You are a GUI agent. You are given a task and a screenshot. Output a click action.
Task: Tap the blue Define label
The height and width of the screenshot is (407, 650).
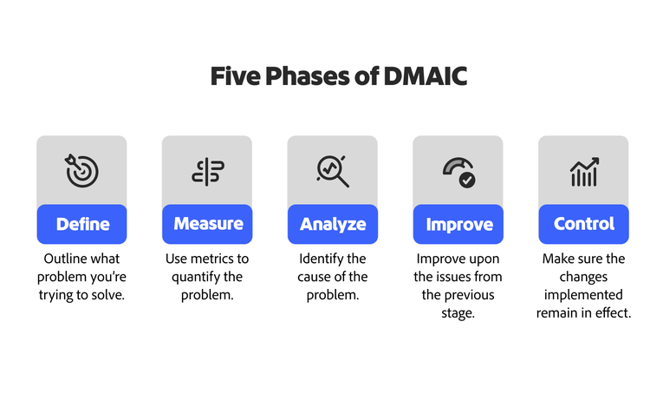coord(82,224)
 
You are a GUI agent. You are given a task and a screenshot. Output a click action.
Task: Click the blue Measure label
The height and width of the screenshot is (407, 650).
coord(208,224)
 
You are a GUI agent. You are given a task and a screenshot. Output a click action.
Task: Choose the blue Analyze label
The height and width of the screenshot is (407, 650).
coord(333,224)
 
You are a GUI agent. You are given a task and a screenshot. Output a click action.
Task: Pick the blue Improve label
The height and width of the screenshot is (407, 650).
coord(458,224)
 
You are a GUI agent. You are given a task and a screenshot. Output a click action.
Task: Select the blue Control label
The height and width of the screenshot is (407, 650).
coord(583,224)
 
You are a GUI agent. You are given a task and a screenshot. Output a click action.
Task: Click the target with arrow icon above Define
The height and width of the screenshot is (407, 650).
coord(82,171)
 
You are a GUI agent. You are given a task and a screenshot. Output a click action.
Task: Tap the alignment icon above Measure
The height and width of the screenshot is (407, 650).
coord(208,172)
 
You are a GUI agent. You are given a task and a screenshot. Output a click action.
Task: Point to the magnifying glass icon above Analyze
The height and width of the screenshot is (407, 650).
coord(333,171)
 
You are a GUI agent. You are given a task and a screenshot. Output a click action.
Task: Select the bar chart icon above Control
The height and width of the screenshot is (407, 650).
coord(583,172)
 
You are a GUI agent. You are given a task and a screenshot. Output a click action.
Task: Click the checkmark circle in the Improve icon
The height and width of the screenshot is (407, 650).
coord(467,180)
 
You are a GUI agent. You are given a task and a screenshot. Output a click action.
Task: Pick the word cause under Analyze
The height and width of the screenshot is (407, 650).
coord(316,277)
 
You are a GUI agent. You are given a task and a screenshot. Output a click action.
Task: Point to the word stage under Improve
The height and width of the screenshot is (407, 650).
coord(458,312)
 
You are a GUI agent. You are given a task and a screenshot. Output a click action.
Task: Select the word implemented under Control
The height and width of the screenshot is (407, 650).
coord(583,294)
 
